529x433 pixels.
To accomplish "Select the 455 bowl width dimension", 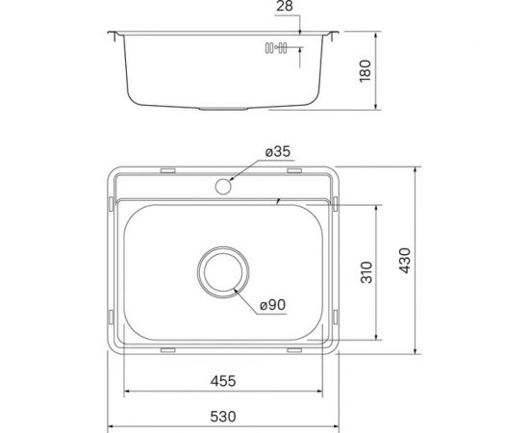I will tap(222, 380).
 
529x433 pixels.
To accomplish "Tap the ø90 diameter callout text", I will tap(273, 306).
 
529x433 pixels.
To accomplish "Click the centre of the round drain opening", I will tap(224, 272).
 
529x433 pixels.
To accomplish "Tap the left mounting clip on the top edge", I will tap(167, 170).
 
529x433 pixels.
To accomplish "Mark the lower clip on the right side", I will tap(336, 317).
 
